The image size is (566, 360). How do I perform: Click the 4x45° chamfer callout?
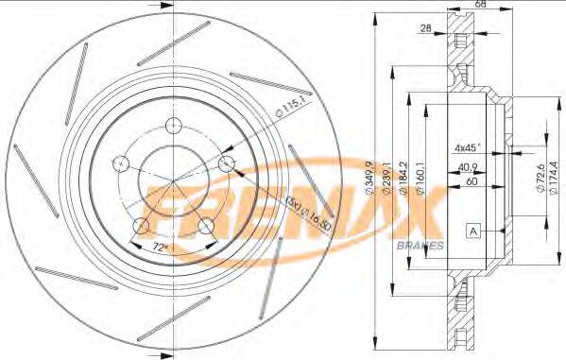(467, 147)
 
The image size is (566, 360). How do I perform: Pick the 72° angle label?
(163, 249)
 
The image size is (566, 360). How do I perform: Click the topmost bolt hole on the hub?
(174, 126)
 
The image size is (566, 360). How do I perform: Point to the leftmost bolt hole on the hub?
(120, 163)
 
